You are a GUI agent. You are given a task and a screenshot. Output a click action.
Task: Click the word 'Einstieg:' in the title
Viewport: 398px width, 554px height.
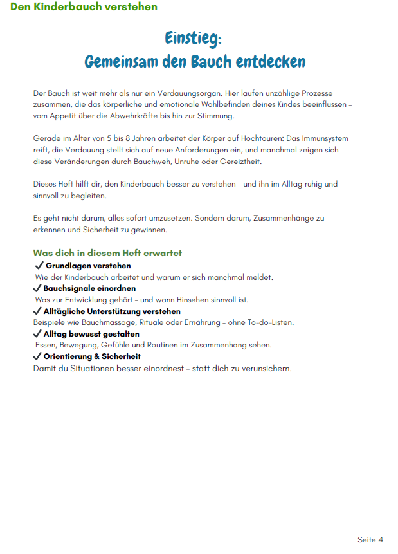click(x=193, y=38)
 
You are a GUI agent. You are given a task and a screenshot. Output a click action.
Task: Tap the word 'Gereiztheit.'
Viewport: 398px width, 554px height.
click(x=238, y=161)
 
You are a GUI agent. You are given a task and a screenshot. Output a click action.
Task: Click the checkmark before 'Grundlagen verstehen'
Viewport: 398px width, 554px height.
click(x=39, y=266)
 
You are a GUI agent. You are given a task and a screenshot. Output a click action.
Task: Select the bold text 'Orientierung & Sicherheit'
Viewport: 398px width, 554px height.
click(x=92, y=356)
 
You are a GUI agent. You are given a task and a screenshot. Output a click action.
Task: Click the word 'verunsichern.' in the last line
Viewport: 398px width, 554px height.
click(x=265, y=369)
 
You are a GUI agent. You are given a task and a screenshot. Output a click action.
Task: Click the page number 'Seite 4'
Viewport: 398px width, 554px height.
click(x=370, y=539)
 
